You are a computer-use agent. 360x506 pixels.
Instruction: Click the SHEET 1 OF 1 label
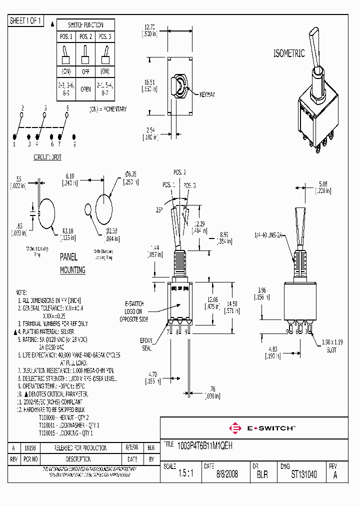click(26, 21)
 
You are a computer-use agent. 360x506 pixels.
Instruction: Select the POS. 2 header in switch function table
click(85, 36)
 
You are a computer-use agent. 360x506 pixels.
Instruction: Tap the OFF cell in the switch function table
click(85, 72)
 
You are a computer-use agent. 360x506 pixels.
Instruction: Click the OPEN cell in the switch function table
click(85, 90)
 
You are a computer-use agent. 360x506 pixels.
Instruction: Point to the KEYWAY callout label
click(207, 94)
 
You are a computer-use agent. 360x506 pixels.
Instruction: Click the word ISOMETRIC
click(288, 54)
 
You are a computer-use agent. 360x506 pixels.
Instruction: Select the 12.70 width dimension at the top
click(149, 27)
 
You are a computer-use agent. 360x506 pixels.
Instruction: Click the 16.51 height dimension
click(150, 81)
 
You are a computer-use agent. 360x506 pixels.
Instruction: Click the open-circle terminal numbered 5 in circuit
click(44, 114)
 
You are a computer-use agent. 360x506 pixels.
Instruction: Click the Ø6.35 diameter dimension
click(131, 174)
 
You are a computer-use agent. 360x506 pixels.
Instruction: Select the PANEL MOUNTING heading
click(71, 263)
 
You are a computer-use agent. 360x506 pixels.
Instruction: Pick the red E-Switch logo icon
click(233, 428)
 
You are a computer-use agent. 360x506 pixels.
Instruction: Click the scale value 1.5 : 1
click(185, 474)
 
